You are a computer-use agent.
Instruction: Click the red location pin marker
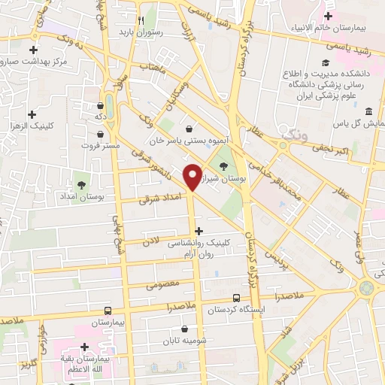pos(193,176)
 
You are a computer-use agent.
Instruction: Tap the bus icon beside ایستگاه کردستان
pos(237,297)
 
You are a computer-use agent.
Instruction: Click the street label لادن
pos(153,240)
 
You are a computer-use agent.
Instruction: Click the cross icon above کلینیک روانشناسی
pos(199,231)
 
